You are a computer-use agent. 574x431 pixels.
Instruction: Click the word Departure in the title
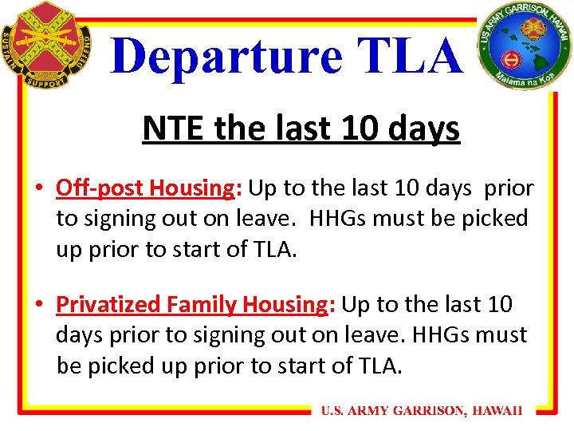point(217,56)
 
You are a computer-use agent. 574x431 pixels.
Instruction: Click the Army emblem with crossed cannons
point(47,45)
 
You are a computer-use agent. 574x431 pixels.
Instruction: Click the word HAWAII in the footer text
point(497,411)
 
